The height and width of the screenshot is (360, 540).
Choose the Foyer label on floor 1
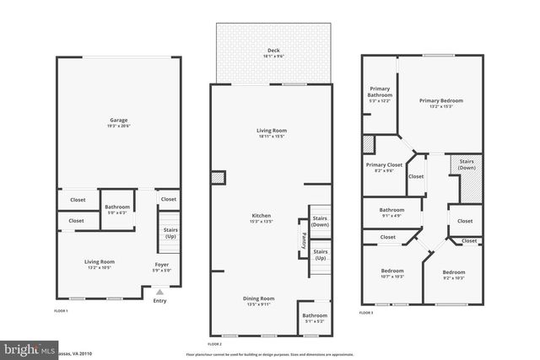[160, 267]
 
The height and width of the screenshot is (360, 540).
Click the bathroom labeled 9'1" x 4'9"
[391, 212]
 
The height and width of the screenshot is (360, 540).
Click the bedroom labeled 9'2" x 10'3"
[454, 275]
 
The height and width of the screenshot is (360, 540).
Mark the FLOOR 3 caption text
[367, 312]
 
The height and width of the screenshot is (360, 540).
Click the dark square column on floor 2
[219, 178]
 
